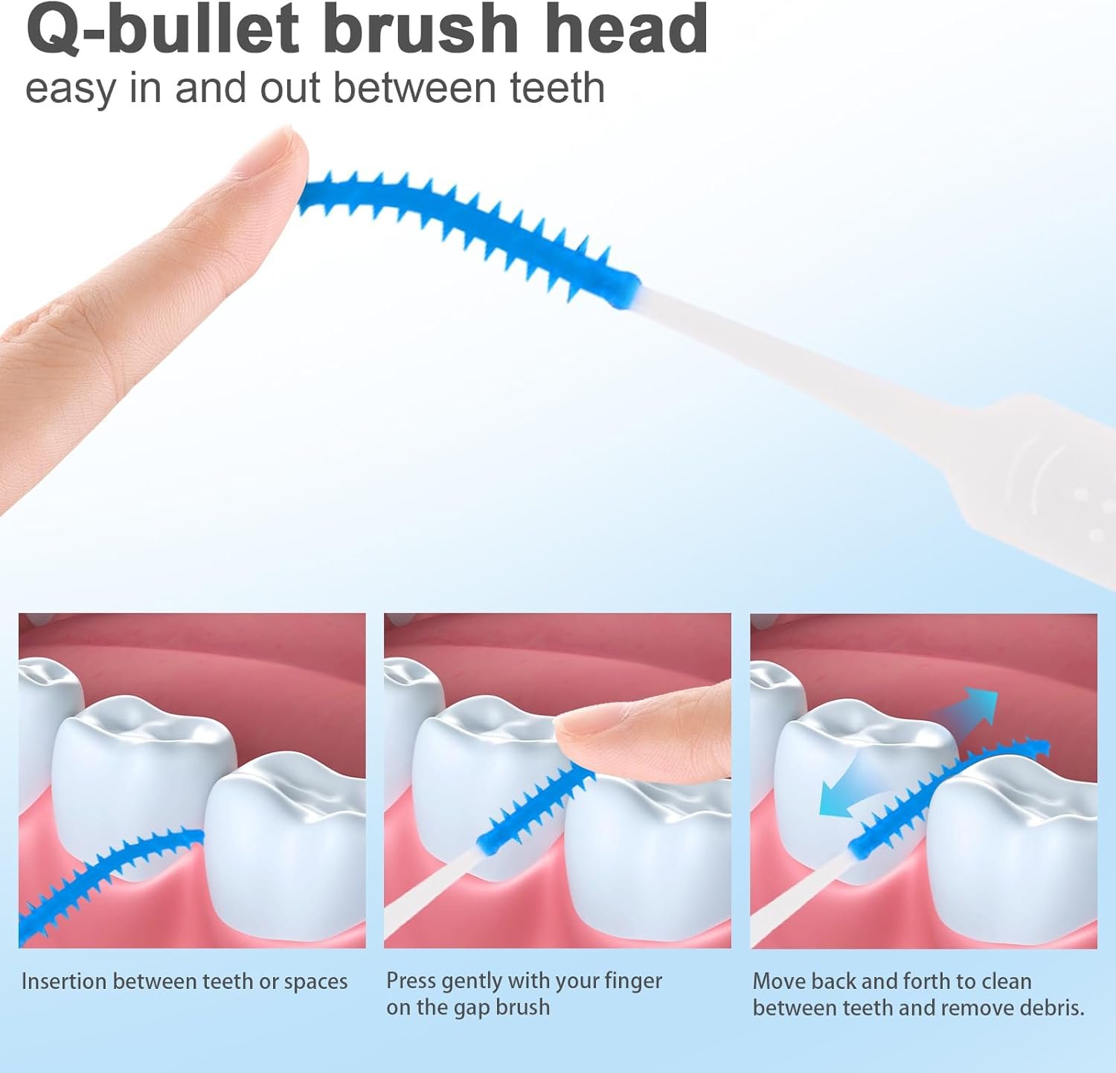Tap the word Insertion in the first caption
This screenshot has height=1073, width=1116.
coord(64,981)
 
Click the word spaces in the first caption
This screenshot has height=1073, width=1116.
coord(315,983)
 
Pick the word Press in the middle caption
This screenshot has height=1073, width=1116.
coord(411,981)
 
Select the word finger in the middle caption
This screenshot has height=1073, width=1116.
coord(633,981)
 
